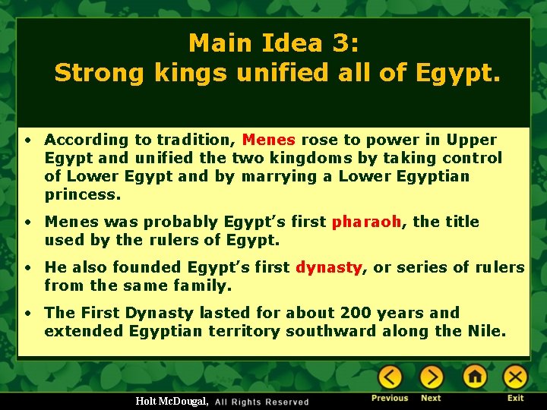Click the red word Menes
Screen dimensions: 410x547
point(268,140)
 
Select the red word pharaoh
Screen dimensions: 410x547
point(366,222)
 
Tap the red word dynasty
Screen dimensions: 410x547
point(328,267)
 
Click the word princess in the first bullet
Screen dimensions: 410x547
point(82,194)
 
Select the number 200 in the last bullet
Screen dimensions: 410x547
point(357,313)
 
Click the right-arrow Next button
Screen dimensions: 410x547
point(432,377)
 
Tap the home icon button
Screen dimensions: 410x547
point(475,377)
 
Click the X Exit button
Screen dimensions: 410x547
point(516,377)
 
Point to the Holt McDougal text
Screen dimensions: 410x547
point(172,401)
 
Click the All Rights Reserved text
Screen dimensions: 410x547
point(262,402)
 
